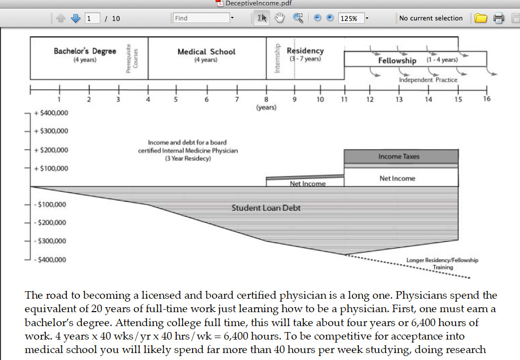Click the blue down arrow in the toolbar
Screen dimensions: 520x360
(x=76, y=18)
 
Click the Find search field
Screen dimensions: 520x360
(x=201, y=18)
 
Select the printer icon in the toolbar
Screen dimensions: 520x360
(x=499, y=18)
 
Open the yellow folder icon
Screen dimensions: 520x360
(x=481, y=18)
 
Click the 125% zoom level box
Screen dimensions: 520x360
(x=351, y=18)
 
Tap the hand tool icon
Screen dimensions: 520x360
(x=279, y=18)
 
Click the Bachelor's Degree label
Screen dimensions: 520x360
(x=85, y=51)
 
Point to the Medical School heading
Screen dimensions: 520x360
(x=206, y=52)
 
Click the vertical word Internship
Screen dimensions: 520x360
(x=277, y=58)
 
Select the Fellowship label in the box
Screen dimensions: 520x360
(x=397, y=61)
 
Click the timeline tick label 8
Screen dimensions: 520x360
(x=266, y=99)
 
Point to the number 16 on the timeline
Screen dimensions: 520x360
(x=487, y=99)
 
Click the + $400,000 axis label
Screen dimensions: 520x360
(x=51, y=113)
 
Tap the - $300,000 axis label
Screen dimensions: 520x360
(x=50, y=241)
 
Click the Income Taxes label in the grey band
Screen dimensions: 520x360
(x=399, y=157)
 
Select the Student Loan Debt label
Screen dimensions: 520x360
(x=266, y=208)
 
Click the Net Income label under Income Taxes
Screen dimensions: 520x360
(x=397, y=179)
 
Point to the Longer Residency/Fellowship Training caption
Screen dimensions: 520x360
(x=442, y=264)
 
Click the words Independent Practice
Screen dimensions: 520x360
(x=428, y=80)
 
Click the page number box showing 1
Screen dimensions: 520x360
(x=92, y=18)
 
